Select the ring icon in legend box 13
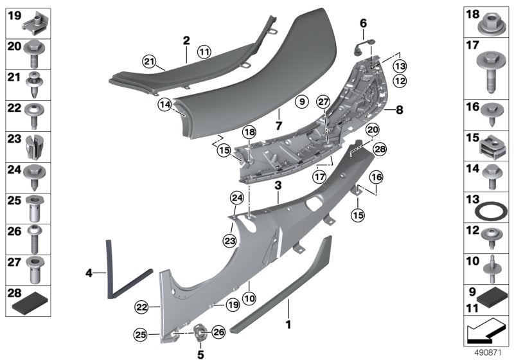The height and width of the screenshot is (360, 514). [492, 212]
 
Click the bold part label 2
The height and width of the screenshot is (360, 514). [186, 40]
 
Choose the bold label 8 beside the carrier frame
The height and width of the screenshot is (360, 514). [399, 110]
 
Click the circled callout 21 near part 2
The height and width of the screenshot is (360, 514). [150, 61]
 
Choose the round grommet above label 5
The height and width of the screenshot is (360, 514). [200, 332]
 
